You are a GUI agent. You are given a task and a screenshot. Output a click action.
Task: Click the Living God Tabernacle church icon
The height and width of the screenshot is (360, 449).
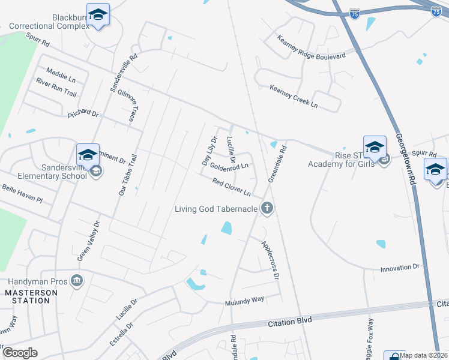(267, 209)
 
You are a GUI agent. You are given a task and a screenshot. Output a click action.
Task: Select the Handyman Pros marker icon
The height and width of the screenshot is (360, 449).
(77, 281)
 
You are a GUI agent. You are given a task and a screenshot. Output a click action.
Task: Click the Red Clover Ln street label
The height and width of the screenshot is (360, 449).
(231, 187)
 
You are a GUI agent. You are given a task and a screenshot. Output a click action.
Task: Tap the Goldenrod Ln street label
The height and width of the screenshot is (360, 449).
(229, 167)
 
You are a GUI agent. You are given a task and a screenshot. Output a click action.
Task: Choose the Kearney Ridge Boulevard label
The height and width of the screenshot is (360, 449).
(311, 48)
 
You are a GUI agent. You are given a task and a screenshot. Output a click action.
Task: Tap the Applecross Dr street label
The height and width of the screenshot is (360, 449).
(270, 260)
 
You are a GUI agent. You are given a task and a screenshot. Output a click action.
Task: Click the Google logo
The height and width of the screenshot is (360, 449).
(20, 352)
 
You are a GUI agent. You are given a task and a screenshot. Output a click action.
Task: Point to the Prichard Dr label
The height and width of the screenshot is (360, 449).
(82, 112)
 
